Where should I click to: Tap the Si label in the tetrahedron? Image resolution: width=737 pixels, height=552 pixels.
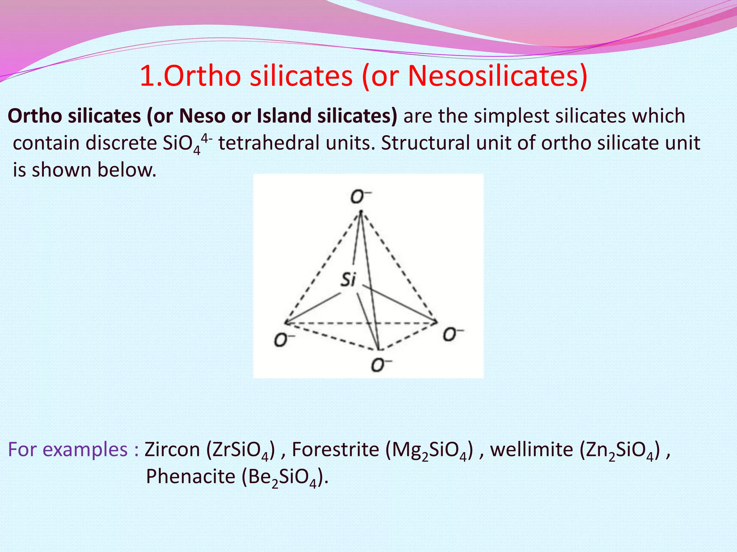point(348,279)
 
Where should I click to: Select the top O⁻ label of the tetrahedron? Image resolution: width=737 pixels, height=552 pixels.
point(360,197)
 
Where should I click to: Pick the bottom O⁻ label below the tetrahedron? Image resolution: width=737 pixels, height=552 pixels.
point(381,365)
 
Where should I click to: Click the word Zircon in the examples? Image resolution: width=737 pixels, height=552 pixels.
point(172,450)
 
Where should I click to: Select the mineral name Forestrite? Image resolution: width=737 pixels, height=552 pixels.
point(335,450)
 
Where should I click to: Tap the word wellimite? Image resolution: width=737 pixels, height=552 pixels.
point(532,450)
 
